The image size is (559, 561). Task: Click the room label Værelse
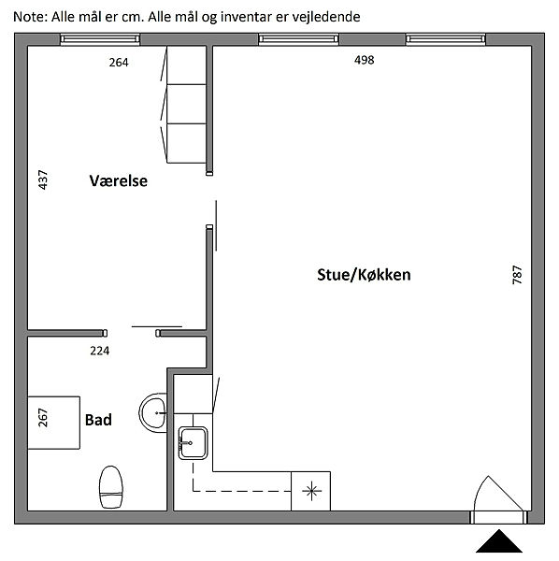point(118,180)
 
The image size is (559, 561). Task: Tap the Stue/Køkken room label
point(364,275)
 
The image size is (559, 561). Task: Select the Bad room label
point(98,420)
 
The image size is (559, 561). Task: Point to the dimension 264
point(119,63)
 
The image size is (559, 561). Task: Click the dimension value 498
point(364,60)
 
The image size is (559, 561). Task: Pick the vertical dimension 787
point(517,275)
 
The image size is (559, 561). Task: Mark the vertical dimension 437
point(43,180)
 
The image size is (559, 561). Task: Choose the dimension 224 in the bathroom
point(100,351)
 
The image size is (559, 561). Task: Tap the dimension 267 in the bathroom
point(43,418)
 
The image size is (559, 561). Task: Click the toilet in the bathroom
point(111,487)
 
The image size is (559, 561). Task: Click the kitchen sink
point(193,443)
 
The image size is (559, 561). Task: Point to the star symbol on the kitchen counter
point(311,491)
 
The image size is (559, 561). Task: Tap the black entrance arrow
point(499,541)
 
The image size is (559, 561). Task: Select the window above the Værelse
point(100,39)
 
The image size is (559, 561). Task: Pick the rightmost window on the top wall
point(445,39)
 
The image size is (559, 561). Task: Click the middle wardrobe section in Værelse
point(186,104)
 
